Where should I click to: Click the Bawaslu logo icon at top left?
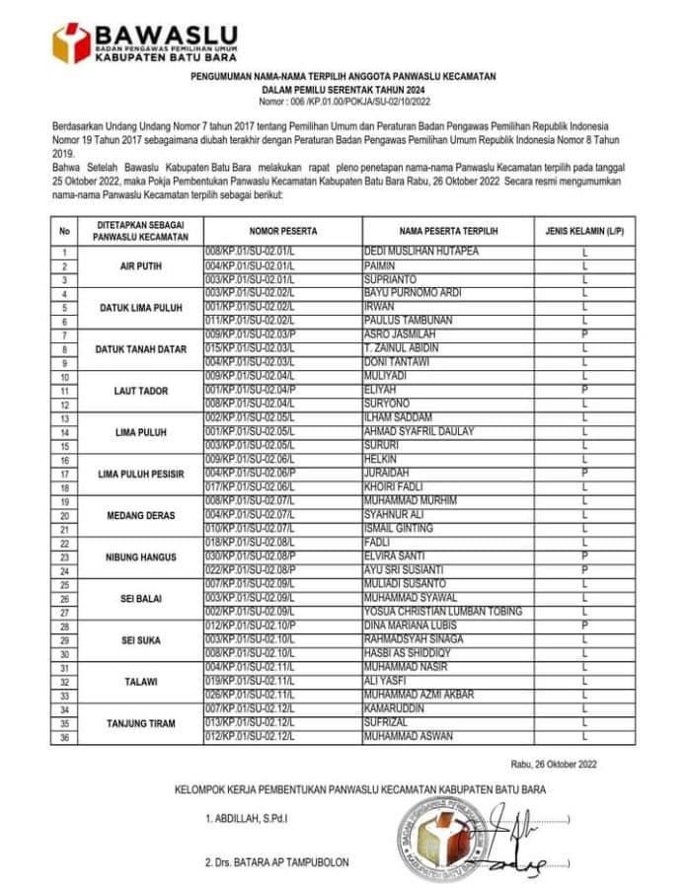71,42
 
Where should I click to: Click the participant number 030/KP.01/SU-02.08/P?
253,556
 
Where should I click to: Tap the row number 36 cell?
64,737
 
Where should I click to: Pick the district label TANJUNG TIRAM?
141,723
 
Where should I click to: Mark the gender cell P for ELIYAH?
584,391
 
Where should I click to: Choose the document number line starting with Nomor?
343,102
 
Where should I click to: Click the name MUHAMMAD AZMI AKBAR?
420,696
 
